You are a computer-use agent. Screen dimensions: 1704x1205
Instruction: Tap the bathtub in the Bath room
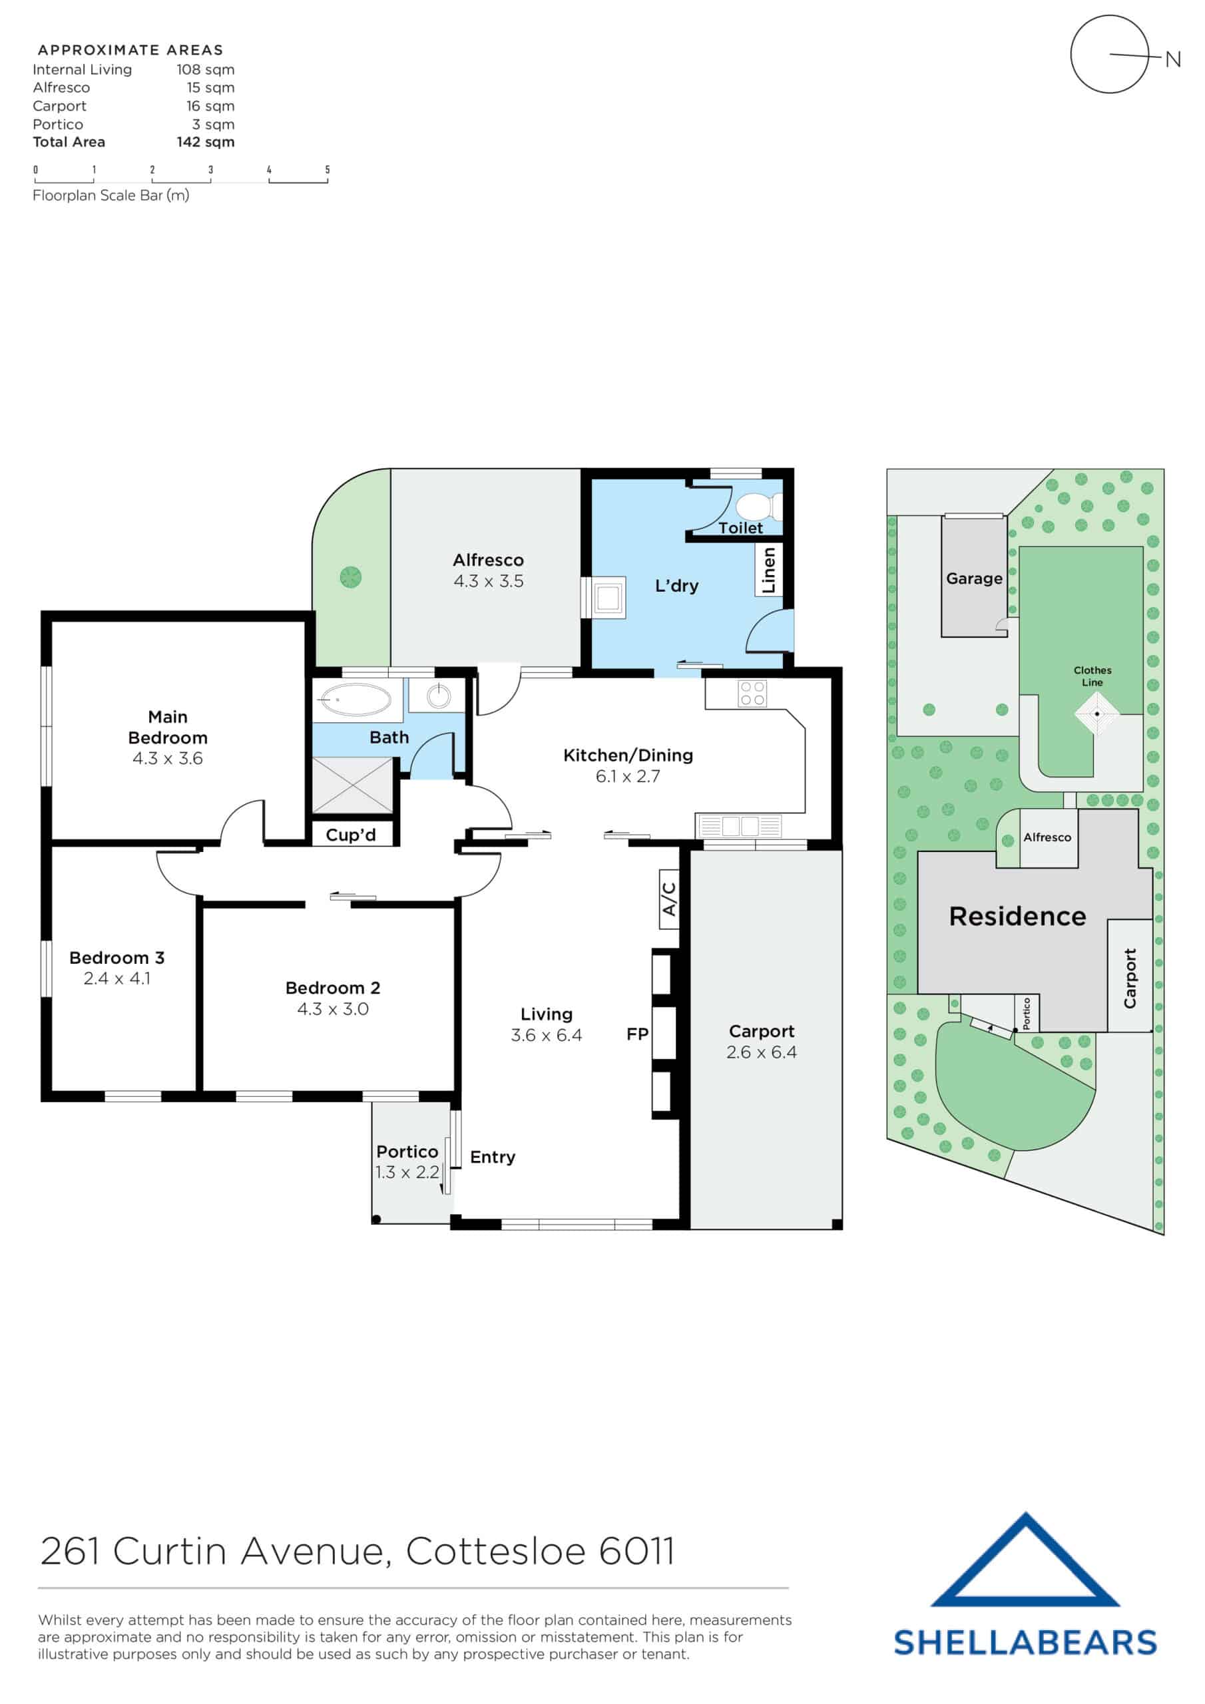coord(354,699)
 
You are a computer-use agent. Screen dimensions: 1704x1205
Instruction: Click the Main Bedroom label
coord(168,727)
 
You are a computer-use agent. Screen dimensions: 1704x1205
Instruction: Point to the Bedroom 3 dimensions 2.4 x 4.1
coord(117,978)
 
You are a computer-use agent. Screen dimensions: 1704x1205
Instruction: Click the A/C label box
coord(669,899)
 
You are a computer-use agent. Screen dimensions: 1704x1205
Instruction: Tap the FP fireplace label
coord(637,1034)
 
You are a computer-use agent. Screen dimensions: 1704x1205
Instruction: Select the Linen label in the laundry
coord(768,570)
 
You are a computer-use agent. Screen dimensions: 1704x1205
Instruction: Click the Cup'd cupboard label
coord(350,835)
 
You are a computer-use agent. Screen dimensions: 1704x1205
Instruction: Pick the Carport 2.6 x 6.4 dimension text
coord(761,1052)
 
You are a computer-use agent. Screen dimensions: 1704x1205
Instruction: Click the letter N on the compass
coord(1172,59)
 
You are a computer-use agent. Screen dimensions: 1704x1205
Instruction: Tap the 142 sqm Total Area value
coord(206,142)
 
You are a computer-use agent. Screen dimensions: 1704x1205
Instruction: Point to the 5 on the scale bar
coord(327,170)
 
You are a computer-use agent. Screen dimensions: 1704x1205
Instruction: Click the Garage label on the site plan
coord(973,578)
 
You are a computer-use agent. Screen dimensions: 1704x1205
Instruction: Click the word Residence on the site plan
coord(1017,917)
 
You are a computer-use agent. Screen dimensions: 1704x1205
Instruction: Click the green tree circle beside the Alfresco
coord(350,576)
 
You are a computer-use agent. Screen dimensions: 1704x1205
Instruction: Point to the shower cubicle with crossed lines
coord(353,785)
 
